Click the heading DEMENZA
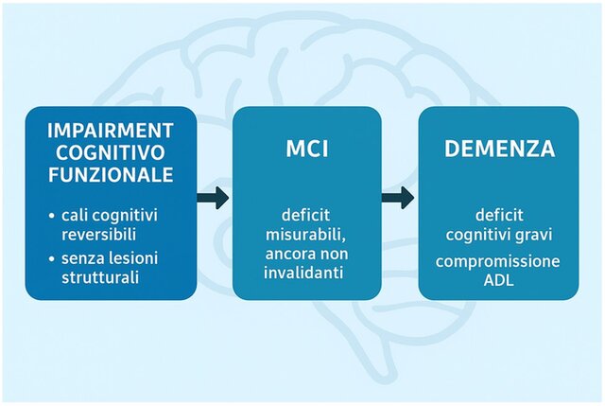[x=497, y=150]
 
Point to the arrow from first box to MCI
[x=214, y=199]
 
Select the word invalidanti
[x=307, y=274]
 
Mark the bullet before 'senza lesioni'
[x=50, y=259]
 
